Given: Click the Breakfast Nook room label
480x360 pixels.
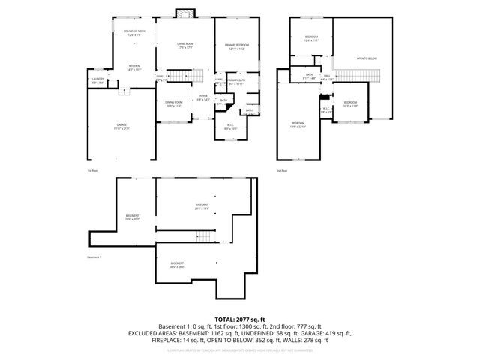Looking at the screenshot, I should click(x=134, y=31).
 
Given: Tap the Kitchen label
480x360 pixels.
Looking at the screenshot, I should click(x=133, y=67).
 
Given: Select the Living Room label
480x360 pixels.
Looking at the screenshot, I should click(x=186, y=46).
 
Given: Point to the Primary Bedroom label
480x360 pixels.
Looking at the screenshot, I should click(x=237, y=46).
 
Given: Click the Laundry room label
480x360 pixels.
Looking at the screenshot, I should click(x=97, y=79).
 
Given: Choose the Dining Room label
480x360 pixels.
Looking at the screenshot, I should click(x=173, y=103).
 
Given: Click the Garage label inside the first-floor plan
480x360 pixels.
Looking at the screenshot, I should click(x=121, y=124).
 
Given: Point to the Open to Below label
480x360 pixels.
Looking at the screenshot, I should click(x=367, y=58).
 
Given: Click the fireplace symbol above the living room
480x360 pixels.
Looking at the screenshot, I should click(x=185, y=13).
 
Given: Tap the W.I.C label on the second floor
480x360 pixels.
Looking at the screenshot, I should click(x=326, y=110).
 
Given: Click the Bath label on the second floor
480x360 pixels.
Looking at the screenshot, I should click(x=309, y=75).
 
